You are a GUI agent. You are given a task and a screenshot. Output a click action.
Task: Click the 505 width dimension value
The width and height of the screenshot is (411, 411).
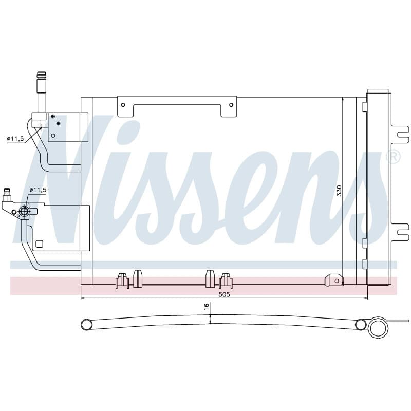coord(225,294)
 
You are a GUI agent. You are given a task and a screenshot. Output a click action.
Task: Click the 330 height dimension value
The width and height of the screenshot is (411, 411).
coord(339,191)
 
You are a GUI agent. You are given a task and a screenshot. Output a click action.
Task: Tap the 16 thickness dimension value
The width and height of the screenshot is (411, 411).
coord(207,306)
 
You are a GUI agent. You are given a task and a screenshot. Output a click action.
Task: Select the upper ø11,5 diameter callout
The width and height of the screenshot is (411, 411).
coord(15,138)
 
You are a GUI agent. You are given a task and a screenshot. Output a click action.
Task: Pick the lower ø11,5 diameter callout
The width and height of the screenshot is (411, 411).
coord(38,190)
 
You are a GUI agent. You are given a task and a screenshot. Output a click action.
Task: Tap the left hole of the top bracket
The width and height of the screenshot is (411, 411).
coord(123,105)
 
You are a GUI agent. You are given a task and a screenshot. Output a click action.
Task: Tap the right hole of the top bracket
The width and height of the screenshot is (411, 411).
coord(231,105)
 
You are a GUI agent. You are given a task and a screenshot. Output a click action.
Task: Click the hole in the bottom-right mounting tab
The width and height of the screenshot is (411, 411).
coord(337,281)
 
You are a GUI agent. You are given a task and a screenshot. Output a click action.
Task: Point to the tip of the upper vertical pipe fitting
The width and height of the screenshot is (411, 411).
coord(42,72)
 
